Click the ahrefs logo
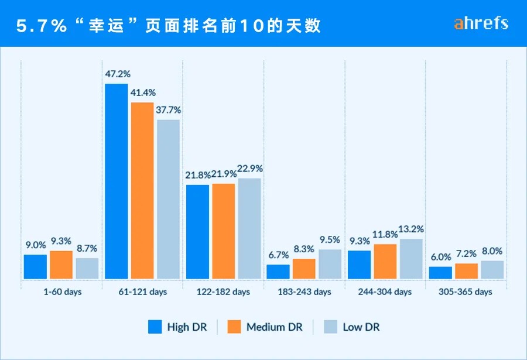[x=481, y=23]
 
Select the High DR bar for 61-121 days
[x=116, y=181]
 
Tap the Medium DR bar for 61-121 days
[x=142, y=190]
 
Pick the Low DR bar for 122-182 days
[x=249, y=228]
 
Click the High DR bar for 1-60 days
[x=35, y=266]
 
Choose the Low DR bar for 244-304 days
[x=411, y=258]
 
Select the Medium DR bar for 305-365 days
[x=467, y=271]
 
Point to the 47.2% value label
[x=118, y=74]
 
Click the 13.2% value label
[x=410, y=229]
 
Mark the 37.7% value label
[x=169, y=109]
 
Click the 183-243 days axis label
[x=304, y=292]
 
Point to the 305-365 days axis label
[x=466, y=292]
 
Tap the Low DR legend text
[x=361, y=327]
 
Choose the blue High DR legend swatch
[x=154, y=327]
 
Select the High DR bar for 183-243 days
[x=278, y=272]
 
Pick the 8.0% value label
[x=492, y=251]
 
